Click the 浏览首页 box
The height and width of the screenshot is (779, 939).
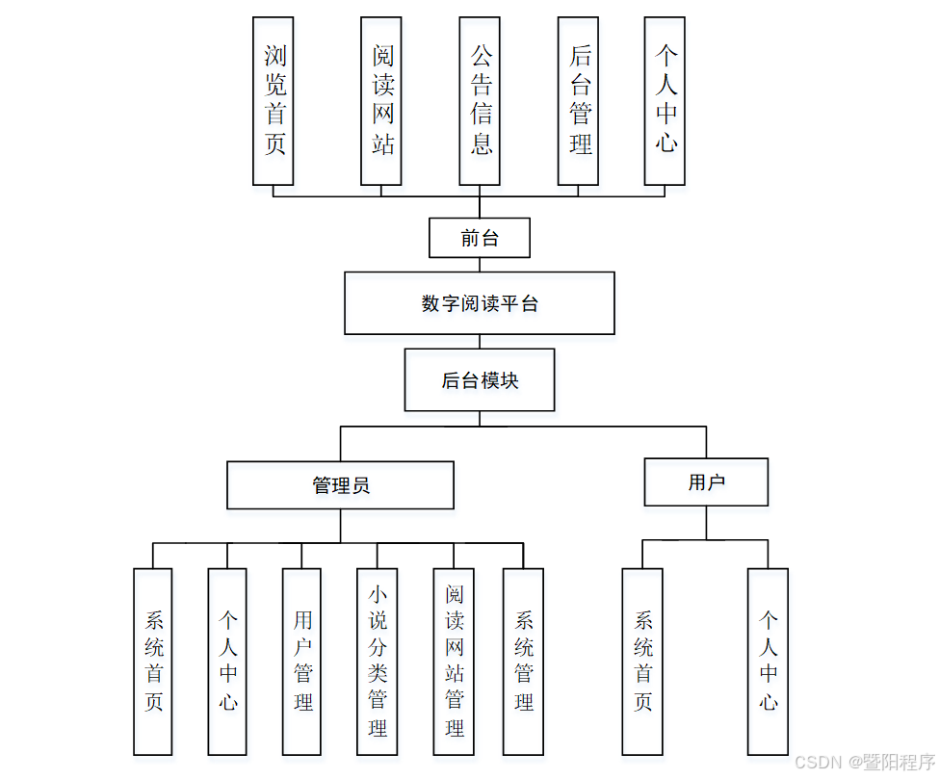tap(273, 101)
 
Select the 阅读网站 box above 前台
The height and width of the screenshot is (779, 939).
tap(381, 101)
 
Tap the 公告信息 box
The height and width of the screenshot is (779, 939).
tap(480, 101)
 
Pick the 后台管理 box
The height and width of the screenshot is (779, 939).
tap(578, 101)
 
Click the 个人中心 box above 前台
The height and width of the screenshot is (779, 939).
tap(665, 101)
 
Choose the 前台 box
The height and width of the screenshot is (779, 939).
tap(480, 238)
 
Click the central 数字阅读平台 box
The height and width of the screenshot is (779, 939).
tap(480, 303)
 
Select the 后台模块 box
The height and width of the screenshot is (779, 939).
tap(480, 380)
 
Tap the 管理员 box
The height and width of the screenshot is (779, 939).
tap(340, 485)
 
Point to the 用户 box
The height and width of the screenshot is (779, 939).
tap(706, 482)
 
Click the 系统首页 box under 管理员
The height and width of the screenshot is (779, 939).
tap(153, 662)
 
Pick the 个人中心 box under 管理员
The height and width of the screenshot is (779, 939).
tap(227, 662)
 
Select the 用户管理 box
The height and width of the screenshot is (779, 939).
tap(301, 662)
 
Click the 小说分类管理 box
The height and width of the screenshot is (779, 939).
tap(377, 662)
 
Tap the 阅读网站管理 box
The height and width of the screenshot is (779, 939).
tap(454, 662)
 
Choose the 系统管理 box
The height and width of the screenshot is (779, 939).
tap(523, 662)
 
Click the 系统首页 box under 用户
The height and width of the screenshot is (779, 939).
tap(642, 662)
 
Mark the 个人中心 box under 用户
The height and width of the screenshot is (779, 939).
tap(768, 662)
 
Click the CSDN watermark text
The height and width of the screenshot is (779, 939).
tap(865, 762)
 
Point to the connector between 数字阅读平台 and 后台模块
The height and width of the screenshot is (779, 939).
tap(480, 342)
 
